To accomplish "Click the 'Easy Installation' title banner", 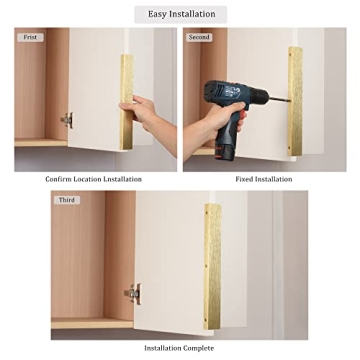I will [x=180, y=14].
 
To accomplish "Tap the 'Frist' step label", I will [x=31, y=37].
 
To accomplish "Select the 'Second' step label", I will [x=200, y=37].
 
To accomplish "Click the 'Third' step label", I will [x=68, y=199].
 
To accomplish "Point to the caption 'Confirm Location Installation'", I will [x=93, y=179].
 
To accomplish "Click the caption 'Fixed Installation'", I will [x=263, y=179].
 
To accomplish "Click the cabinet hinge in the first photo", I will [x=66, y=120].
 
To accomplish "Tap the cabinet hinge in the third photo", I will [x=132, y=293].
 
